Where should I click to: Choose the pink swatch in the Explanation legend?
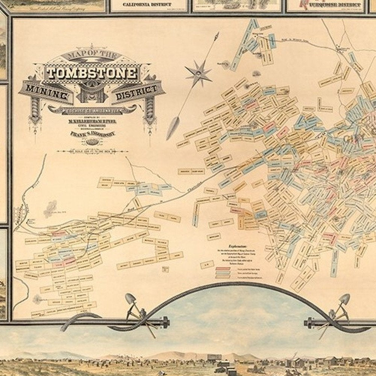coord(223,268)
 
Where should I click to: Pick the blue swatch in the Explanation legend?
coord(223,273)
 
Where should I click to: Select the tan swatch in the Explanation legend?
coord(223,277)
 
